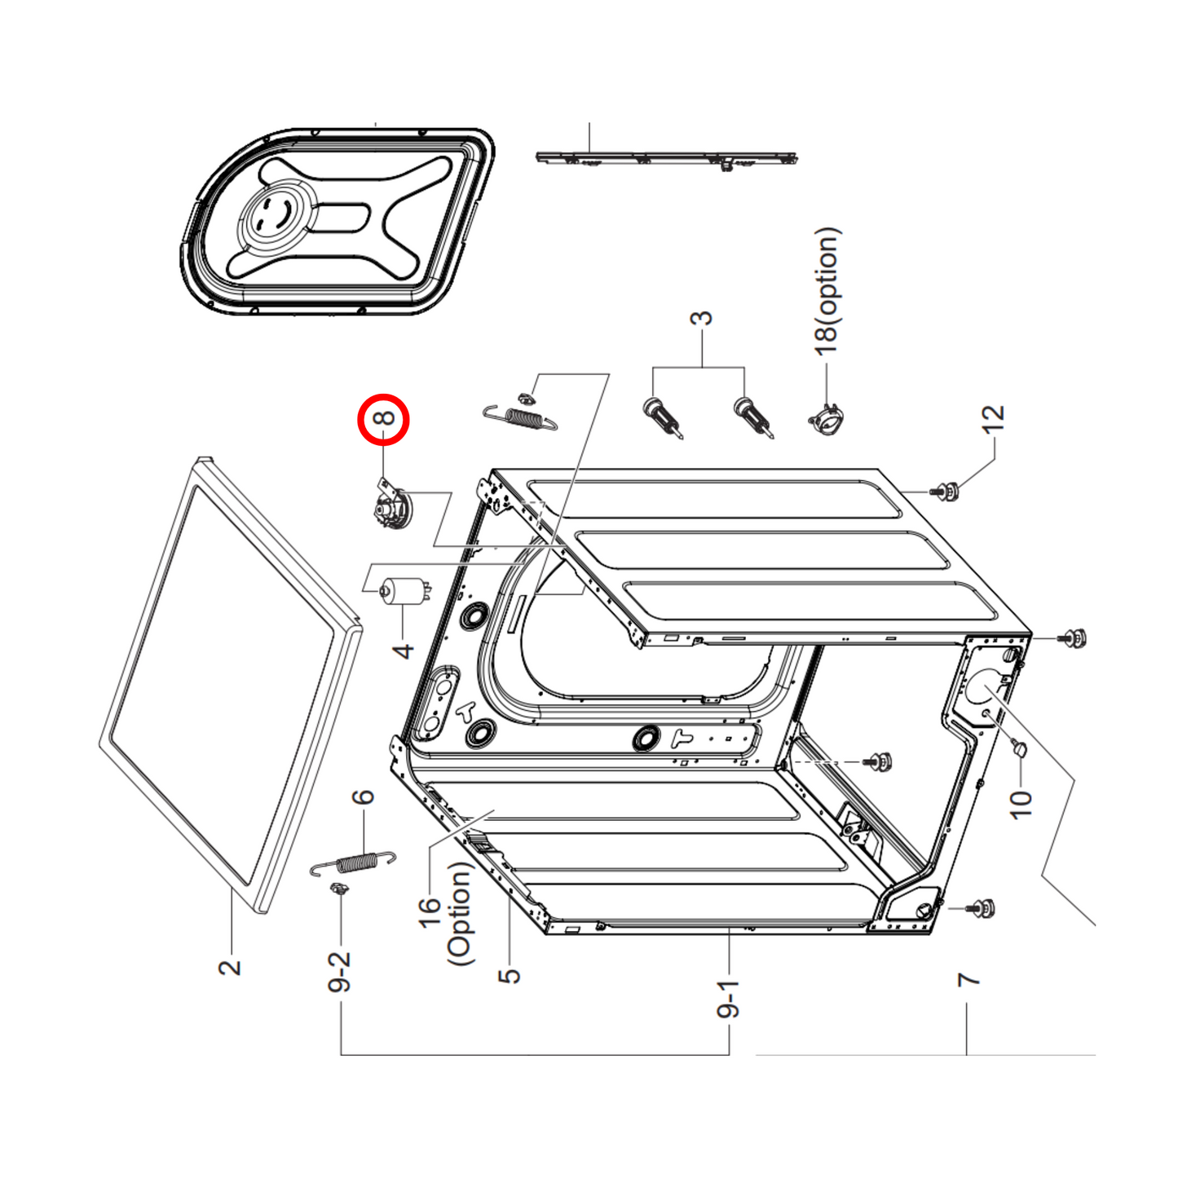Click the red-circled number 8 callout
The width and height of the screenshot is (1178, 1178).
[383, 419]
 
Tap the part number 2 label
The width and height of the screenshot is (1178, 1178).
[231, 967]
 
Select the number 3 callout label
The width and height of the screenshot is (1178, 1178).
[701, 318]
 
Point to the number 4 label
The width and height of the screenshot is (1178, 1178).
[404, 651]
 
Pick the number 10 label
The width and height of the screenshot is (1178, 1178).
[1020, 804]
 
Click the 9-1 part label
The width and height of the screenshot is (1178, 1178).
[727, 1000]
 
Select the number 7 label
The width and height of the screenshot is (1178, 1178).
[968, 979]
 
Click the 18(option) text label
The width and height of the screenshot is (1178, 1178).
[827, 290]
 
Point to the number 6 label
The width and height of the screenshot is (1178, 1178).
[363, 796]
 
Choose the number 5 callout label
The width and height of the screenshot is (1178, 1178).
[509, 975]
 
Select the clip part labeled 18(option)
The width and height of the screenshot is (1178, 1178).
[827, 419]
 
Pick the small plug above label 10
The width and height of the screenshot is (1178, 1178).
[1018, 748]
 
